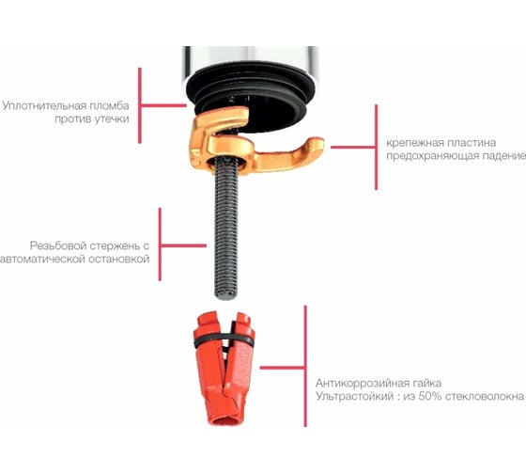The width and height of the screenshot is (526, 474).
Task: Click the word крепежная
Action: click(x=411, y=143)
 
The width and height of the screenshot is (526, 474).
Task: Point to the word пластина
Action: click(x=468, y=143)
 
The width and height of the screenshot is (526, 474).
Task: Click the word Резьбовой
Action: click(x=57, y=245)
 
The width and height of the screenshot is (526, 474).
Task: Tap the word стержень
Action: click(x=115, y=246)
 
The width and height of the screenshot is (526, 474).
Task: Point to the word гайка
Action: click(x=422, y=383)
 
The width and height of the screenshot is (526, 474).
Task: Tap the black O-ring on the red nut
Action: click(x=224, y=340)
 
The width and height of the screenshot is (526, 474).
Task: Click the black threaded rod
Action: click(x=226, y=229)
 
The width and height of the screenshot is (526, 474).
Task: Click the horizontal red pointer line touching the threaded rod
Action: click(x=183, y=245)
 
